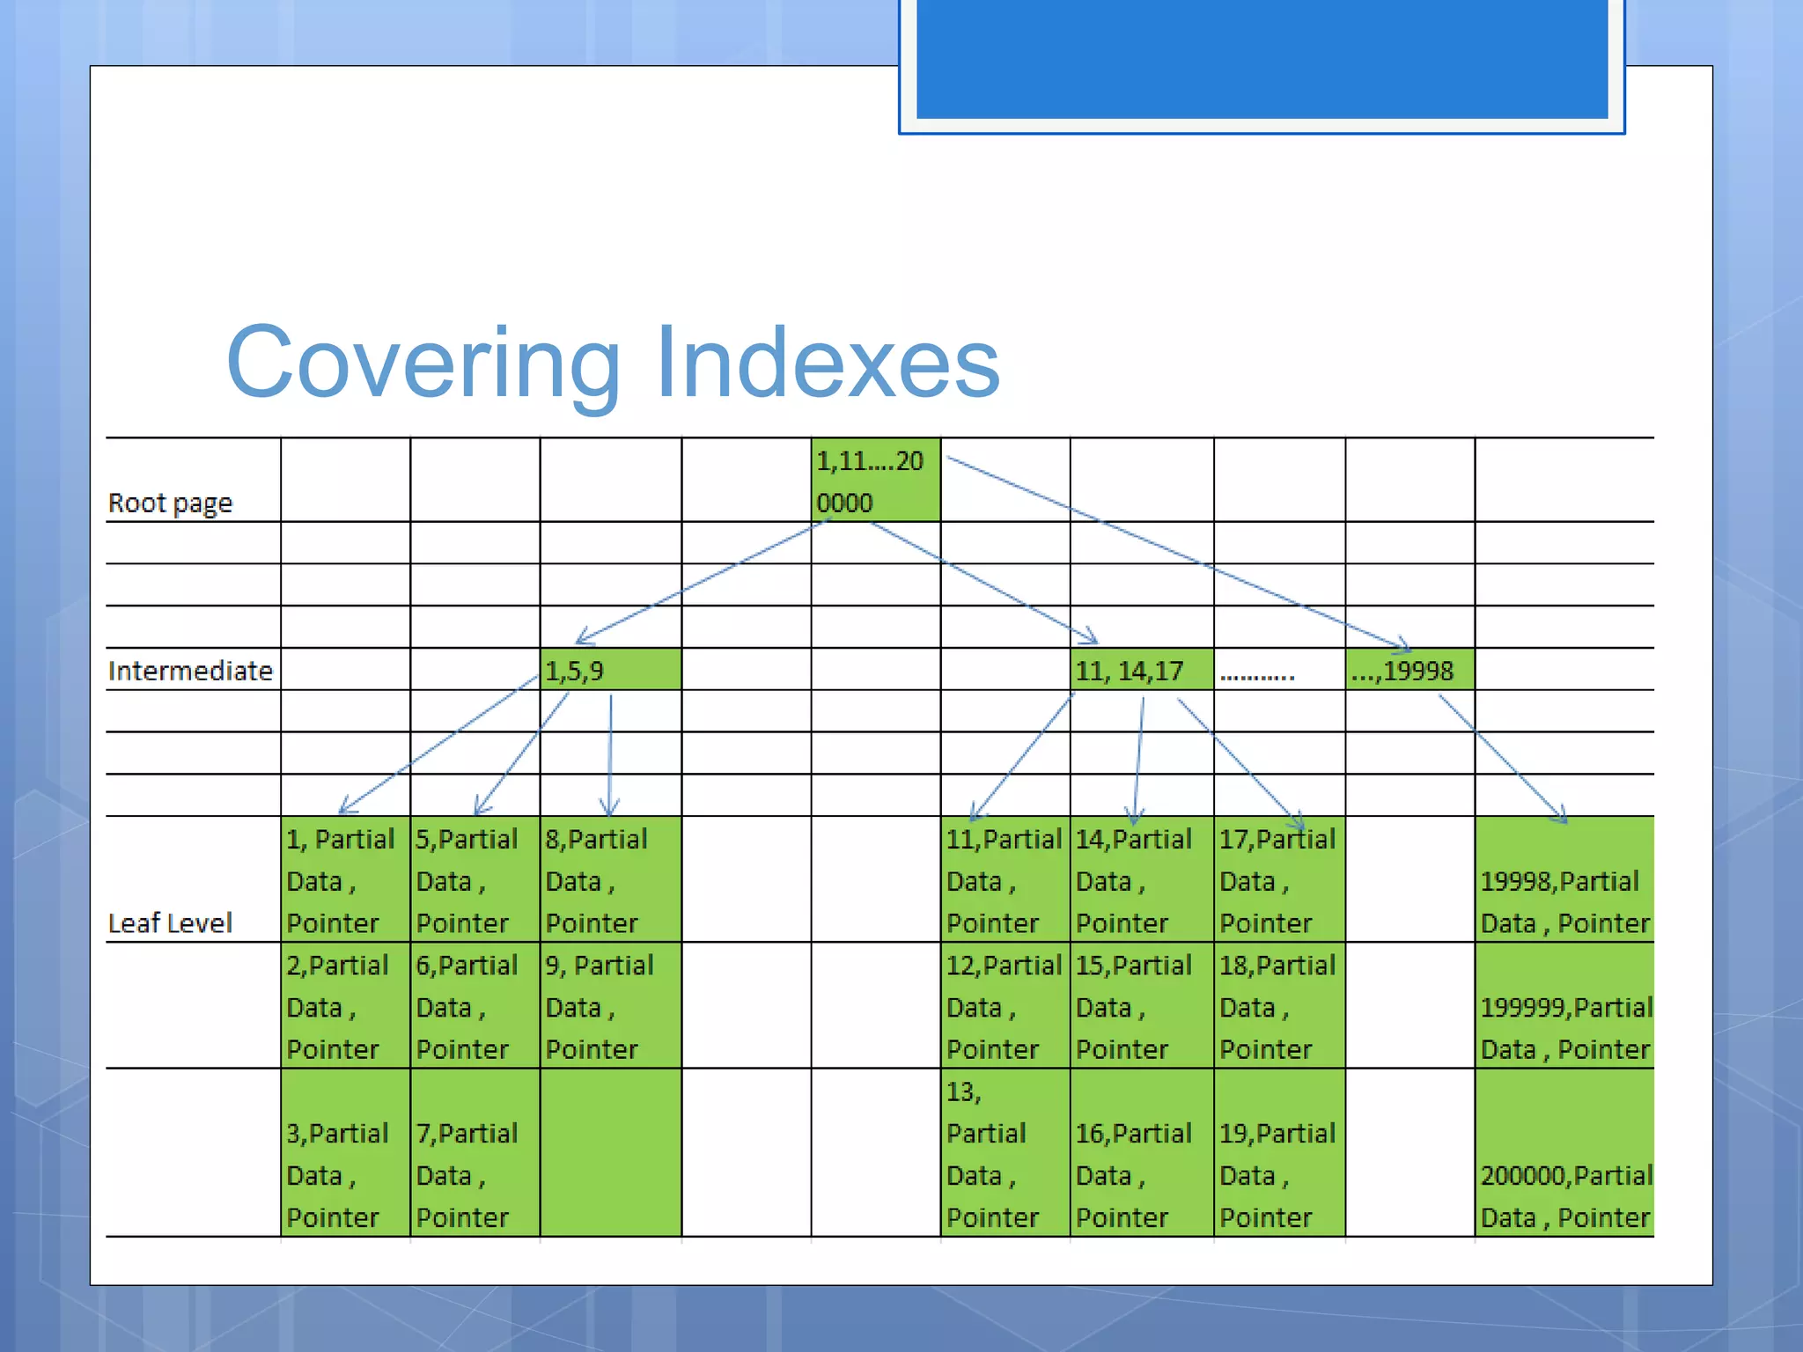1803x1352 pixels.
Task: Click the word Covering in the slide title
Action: coord(423,363)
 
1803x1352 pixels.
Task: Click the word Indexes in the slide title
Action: coord(828,363)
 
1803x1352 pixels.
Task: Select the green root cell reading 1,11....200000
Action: coord(875,481)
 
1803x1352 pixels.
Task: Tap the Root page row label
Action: coord(170,503)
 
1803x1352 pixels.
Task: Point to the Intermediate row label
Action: coord(190,671)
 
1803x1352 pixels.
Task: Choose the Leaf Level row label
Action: coord(170,922)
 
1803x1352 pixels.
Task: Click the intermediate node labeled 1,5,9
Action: coord(610,670)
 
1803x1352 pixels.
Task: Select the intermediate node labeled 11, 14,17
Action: coord(1141,670)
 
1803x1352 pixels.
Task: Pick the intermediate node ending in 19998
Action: coord(1409,670)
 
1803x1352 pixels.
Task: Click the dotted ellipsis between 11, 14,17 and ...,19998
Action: coord(1257,674)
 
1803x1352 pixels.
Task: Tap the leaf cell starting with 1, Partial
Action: coord(345,879)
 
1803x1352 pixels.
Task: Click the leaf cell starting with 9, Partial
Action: coord(610,1005)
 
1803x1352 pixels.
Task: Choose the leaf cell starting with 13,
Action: coord(1005,1153)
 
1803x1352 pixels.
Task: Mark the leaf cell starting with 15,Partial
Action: coord(1141,1005)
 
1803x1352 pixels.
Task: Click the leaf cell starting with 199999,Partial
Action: coord(1564,1005)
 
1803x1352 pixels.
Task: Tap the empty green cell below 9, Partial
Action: coord(610,1153)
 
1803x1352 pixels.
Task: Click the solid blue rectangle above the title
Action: coord(1262,58)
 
